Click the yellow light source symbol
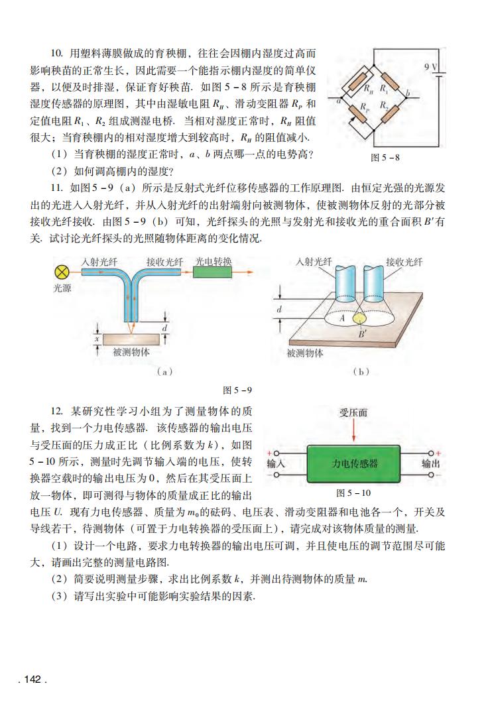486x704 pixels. pos(64,272)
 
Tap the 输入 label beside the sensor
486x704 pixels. pos(276,464)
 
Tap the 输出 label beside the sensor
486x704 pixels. pos(431,464)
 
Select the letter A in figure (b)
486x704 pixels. pos(341,318)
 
